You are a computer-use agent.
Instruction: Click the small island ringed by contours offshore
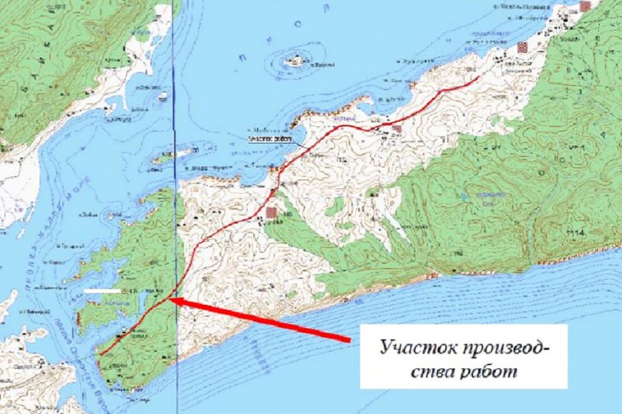(x=295, y=60)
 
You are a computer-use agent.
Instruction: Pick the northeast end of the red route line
(x=479, y=75)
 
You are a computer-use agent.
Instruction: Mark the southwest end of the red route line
(x=99, y=354)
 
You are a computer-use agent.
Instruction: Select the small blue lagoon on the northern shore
(x=356, y=111)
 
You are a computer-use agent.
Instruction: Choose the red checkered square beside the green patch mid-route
(x=272, y=211)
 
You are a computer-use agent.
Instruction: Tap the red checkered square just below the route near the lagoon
(x=397, y=129)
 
